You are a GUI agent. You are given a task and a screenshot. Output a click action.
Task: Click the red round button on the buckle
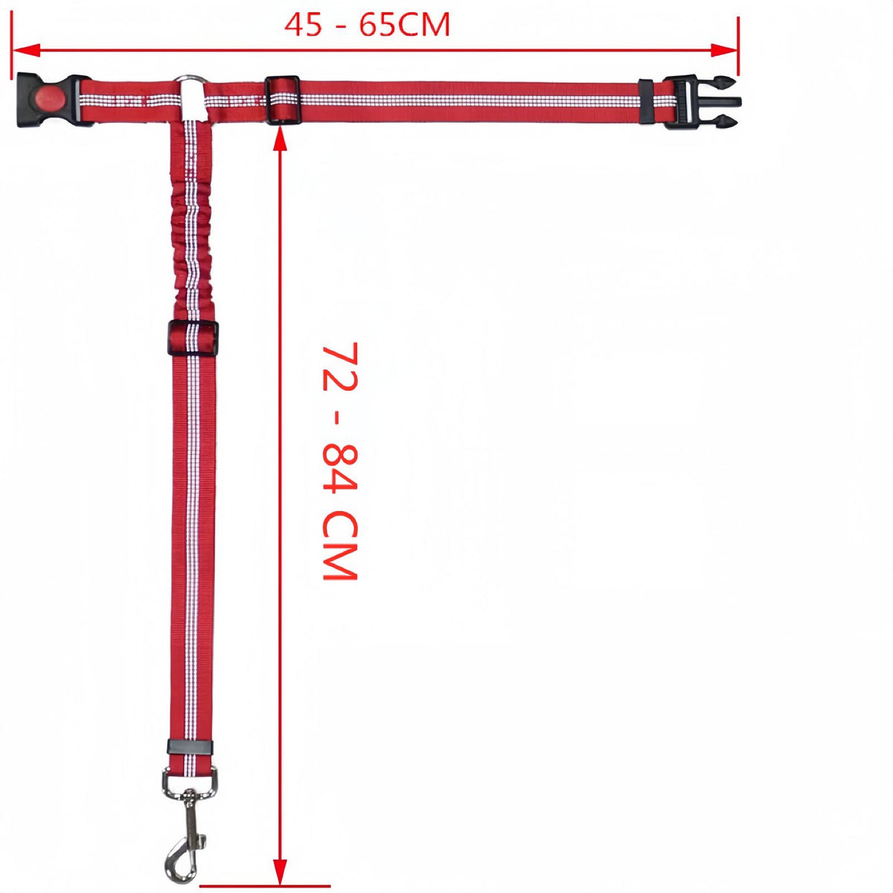[50, 98]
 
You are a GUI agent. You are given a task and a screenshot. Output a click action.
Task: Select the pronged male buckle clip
[702, 101]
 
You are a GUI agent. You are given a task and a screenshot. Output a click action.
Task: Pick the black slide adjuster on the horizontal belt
[283, 100]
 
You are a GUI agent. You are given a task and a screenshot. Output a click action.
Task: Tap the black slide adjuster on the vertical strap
[193, 338]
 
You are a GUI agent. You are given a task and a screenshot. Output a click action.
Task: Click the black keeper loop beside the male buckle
[645, 101]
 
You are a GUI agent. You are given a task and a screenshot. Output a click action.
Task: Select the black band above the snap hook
[190, 747]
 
